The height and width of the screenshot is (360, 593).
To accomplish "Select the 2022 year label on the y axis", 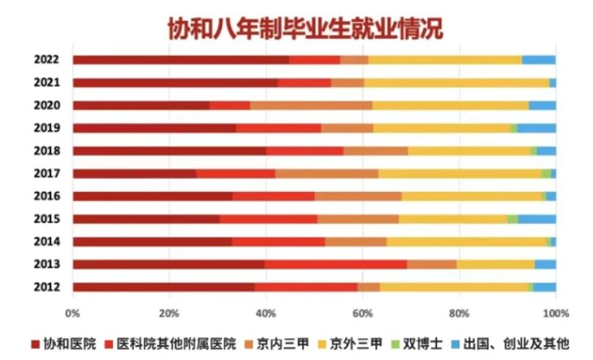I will point(46,59).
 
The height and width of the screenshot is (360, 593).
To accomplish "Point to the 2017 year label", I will point(46,174).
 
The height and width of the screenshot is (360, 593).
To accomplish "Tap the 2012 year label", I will point(46,287).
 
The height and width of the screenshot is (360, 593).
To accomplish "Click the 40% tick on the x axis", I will point(265,313).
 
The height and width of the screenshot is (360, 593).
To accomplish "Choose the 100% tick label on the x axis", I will point(556,313).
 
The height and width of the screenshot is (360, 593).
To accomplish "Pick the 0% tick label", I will point(73,313).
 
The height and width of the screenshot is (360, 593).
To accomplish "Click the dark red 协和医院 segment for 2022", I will point(180,59).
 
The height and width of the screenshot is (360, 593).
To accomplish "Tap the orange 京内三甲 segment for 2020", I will point(311,105).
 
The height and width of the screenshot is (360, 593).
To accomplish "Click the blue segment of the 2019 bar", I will point(537,128).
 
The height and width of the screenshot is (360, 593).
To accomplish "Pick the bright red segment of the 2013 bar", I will point(336,264).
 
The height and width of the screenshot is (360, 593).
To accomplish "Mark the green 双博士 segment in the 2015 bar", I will point(512,218).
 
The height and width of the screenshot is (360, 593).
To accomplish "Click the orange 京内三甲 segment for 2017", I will point(326,174).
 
